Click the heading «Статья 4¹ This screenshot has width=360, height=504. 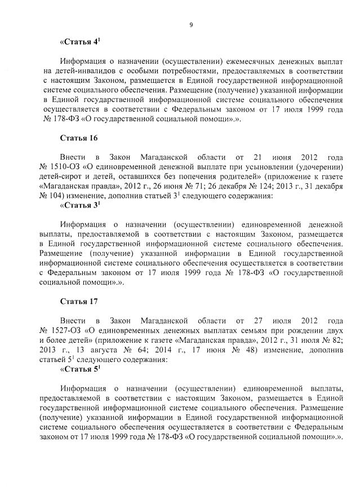coord(79,42)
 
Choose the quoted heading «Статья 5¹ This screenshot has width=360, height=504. coord(79,370)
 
